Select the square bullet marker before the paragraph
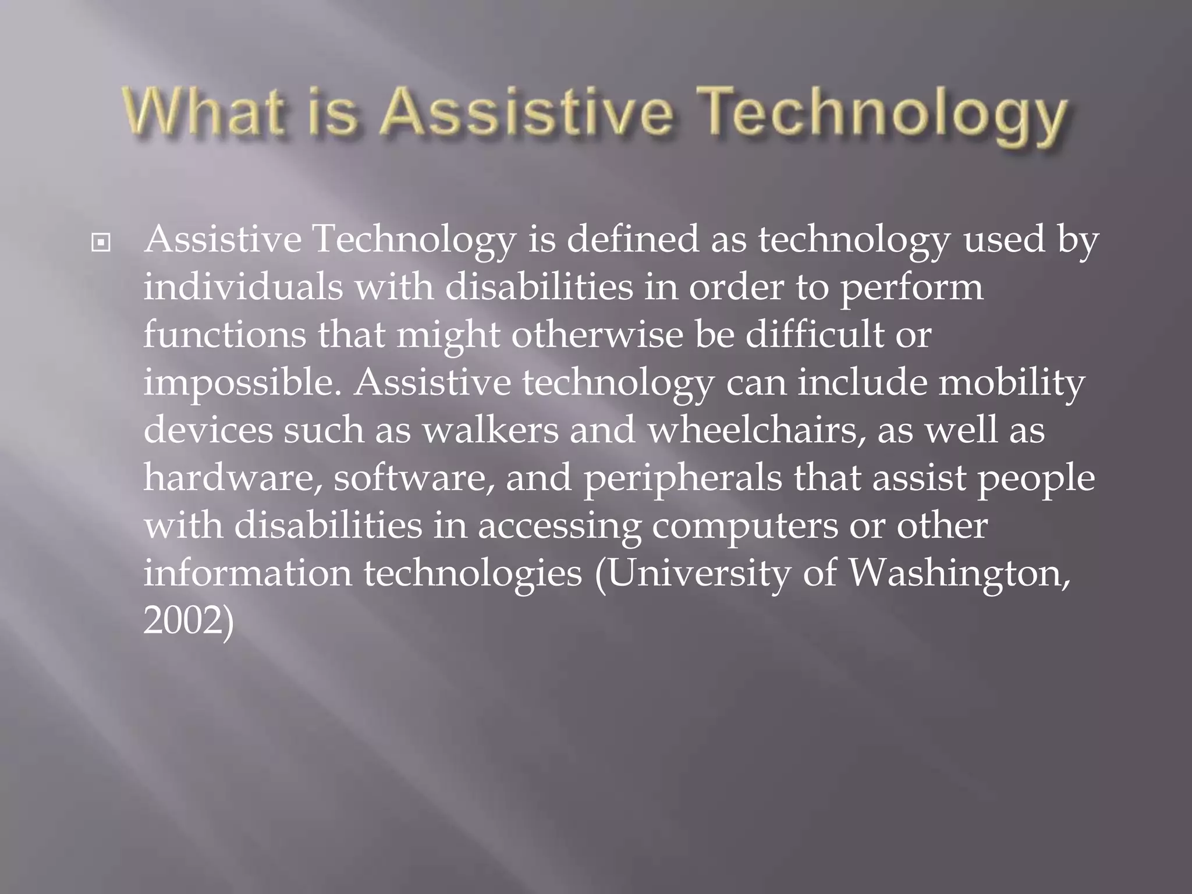click(x=101, y=243)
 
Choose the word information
click(x=247, y=573)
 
